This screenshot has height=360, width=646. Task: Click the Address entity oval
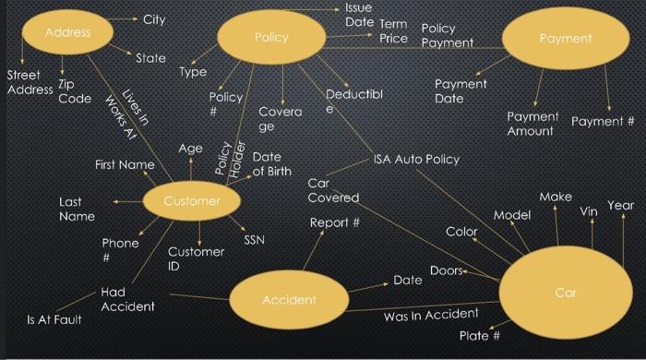click(x=68, y=33)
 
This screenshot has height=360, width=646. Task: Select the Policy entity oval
click(x=271, y=38)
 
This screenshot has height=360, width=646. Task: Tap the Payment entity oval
click(x=566, y=39)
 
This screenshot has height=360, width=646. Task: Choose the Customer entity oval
click(x=192, y=201)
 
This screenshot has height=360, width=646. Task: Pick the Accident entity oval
click(x=289, y=299)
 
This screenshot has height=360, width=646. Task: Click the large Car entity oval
click(x=565, y=293)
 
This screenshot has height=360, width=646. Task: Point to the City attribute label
click(x=154, y=19)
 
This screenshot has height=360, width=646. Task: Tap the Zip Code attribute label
click(x=74, y=91)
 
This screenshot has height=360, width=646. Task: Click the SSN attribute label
click(x=254, y=240)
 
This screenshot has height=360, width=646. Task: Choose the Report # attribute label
click(x=334, y=222)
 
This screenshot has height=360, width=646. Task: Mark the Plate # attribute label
click(x=479, y=336)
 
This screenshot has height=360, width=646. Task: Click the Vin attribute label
click(x=589, y=211)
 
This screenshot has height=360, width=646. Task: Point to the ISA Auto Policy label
click(x=415, y=159)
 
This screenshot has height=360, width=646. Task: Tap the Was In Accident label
click(x=430, y=316)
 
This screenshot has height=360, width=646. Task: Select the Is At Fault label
click(x=54, y=319)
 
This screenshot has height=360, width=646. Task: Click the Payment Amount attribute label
click(x=532, y=124)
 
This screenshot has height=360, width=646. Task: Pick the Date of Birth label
click(x=271, y=164)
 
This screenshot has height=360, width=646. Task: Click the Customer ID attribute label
click(x=196, y=258)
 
